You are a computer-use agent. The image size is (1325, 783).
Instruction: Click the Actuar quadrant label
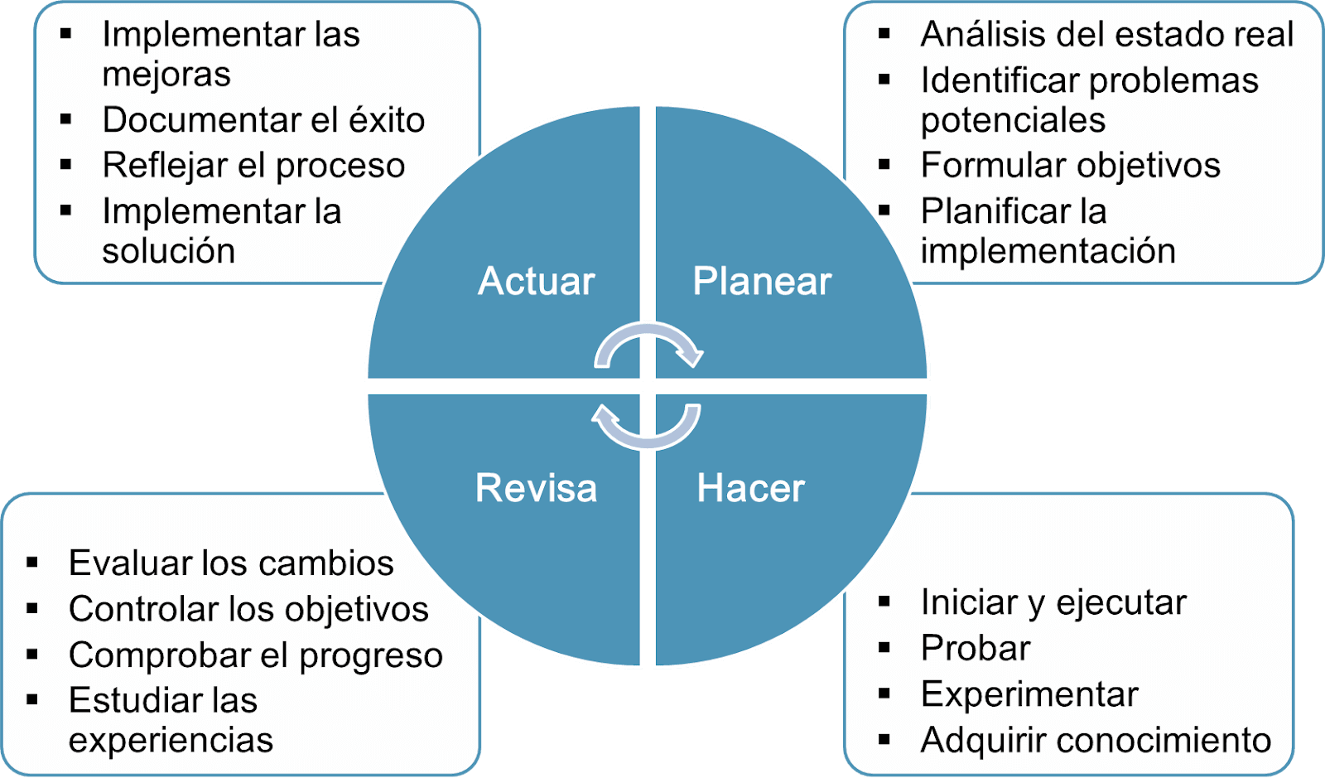point(536,281)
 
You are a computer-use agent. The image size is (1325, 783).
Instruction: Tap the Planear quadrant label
point(762,281)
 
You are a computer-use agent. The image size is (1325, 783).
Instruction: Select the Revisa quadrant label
point(536,488)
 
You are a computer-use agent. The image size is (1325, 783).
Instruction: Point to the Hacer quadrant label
point(750,488)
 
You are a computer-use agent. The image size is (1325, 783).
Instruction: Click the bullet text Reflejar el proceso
point(253,165)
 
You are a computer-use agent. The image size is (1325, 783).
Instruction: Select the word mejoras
point(166,75)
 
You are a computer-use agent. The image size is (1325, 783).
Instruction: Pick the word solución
point(169,250)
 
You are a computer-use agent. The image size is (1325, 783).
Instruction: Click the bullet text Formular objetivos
point(1070,165)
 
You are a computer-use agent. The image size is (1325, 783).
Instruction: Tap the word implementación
point(1048,250)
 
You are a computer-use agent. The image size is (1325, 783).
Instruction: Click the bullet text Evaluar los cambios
point(231,563)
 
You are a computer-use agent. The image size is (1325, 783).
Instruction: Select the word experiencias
point(171,741)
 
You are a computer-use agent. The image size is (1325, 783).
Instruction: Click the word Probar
point(976,648)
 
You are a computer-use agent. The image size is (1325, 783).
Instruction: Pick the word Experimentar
point(1029,694)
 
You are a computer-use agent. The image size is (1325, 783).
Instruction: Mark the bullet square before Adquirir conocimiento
point(884,738)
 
